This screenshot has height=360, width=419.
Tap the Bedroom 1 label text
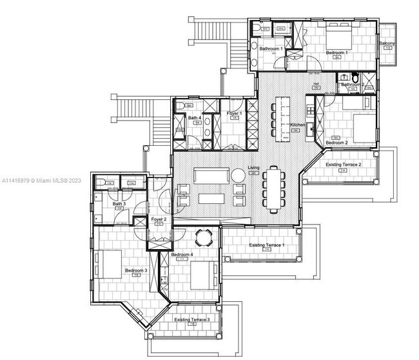click(x=336, y=52)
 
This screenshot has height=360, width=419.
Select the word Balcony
click(x=387, y=44)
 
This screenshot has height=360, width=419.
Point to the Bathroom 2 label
click(x=353, y=85)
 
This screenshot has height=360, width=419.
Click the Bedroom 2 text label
click(x=336, y=142)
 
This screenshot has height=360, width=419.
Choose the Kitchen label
click(x=297, y=125)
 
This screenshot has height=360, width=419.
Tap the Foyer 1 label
click(x=234, y=114)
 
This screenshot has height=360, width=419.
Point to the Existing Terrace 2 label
click(x=344, y=166)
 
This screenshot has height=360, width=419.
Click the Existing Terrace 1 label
click(x=266, y=246)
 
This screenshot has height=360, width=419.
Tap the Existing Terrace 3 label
click(x=192, y=319)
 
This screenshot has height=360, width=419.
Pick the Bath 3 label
click(x=119, y=204)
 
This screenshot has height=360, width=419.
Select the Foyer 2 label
click(x=159, y=219)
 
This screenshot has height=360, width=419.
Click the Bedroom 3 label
click(x=136, y=270)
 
